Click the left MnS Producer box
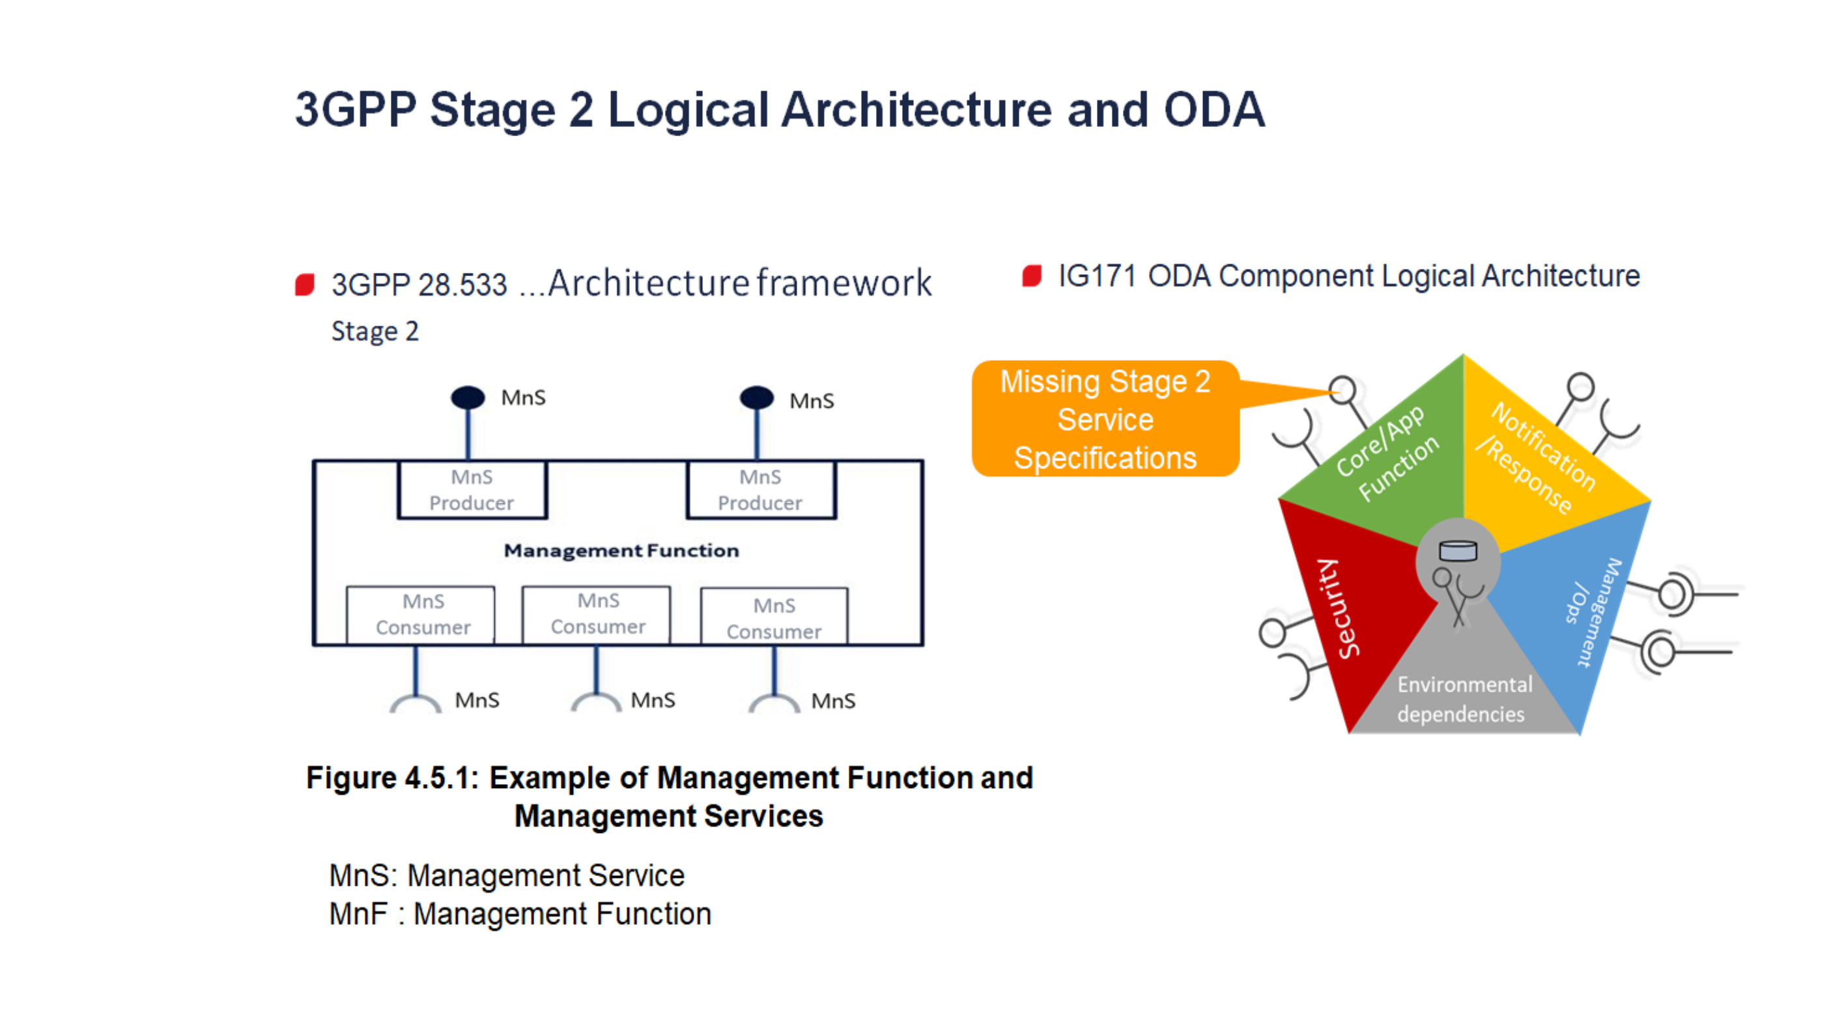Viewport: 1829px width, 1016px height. coord(472,490)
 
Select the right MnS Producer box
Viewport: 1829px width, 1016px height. coord(760,490)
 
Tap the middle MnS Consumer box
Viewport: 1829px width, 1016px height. coord(597,614)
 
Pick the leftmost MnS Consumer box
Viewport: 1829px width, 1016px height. coord(421,615)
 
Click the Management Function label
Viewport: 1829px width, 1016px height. coord(621,550)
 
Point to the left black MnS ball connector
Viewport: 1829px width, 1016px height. coord(468,397)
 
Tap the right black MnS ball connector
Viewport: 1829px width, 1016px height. coord(757,397)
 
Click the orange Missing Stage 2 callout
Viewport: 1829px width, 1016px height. coord(1105,419)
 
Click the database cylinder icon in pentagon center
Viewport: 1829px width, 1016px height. coord(1458,550)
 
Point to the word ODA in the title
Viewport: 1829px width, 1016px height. coord(1214,110)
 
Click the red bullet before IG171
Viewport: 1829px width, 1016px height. coord(1032,275)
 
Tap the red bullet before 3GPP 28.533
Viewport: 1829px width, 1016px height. coord(305,284)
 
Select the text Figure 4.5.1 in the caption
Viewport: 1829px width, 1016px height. coord(391,778)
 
